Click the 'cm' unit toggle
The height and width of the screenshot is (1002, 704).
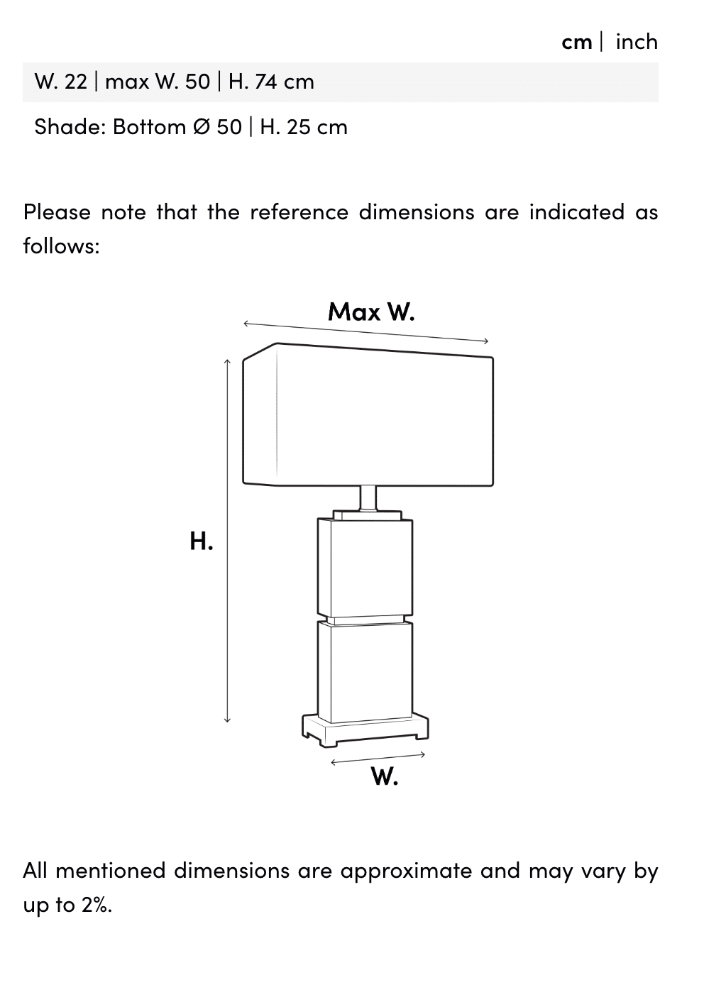pyautogui.click(x=576, y=42)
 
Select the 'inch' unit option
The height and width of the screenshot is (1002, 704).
pyautogui.click(x=637, y=42)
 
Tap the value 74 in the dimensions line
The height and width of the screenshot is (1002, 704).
pyautogui.click(x=265, y=82)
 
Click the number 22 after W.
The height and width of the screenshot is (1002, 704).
pyautogui.click(x=75, y=82)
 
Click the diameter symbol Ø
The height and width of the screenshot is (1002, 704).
pyautogui.click(x=201, y=127)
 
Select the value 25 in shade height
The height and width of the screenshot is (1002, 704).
pyautogui.click(x=299, y=127)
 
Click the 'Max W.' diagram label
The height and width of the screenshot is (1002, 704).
pyautogui.click(x=370, y=312)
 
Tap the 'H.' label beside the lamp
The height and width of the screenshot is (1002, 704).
pyautogui.click(x=201, y=541)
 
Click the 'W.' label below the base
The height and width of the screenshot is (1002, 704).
pyautogui.click(x=384, y=777)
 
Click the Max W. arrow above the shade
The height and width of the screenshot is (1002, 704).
pyautogui.click(x=365, y=333)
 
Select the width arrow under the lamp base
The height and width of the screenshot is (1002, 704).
pyautogui.click(x=378, y=759)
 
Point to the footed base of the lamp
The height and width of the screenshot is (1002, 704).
pyautogui.click(x=365, y=731)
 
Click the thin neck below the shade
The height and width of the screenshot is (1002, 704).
pyautogui.click(x=368, y=497)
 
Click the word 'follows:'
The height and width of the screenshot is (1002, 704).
pyautogui.click(x=61, y=246)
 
